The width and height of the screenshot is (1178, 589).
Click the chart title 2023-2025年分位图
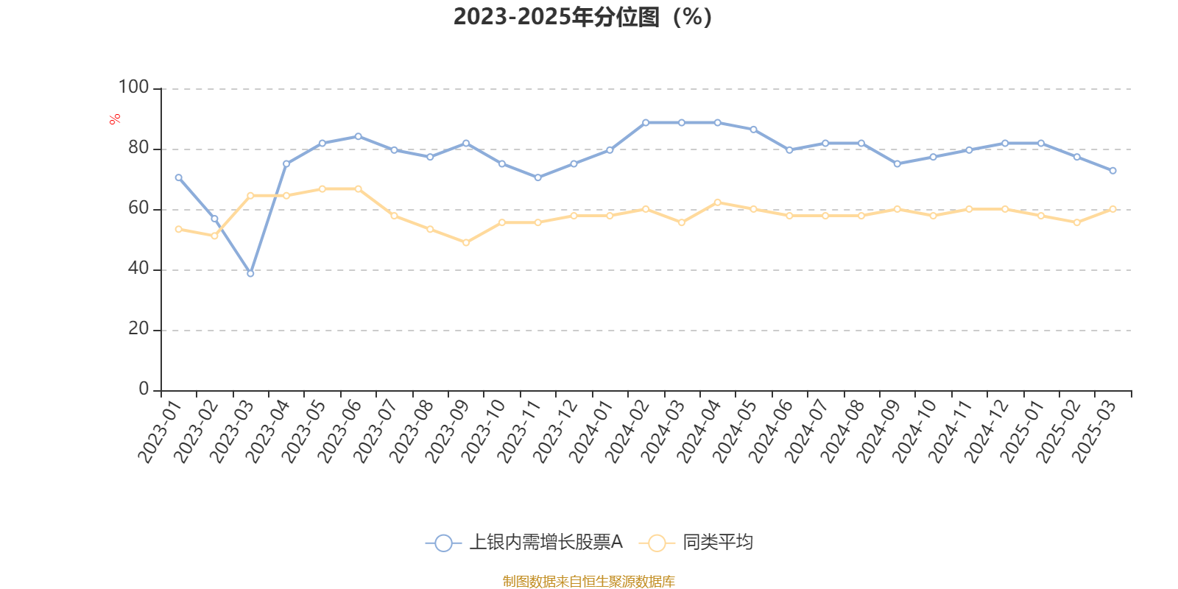(x=582, y=16)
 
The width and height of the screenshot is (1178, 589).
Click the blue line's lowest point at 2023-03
(x=250, y=273)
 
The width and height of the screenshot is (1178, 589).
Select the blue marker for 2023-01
(x=178, y=177)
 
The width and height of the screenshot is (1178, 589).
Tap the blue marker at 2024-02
(x=646, y=122)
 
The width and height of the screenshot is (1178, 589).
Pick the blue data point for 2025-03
(x=1112, y=171)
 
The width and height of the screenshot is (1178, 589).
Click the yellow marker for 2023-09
(x=466, y=242)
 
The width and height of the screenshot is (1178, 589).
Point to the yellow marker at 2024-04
(x=718, y=202)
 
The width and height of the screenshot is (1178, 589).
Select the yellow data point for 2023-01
(x=178, y=229)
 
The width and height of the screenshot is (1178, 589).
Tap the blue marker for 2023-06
(x=358, y=136)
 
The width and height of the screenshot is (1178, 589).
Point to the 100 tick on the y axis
(x=133, y=88)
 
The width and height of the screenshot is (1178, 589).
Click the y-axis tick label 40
(x=138, y=269)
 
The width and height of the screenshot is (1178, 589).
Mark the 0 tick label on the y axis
(x=144, y=389)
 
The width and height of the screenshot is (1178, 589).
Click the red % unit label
(x=115, y=119)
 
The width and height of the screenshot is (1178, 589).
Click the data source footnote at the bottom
(x=588, y=582)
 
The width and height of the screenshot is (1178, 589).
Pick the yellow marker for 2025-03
(x=1112, y=209)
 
